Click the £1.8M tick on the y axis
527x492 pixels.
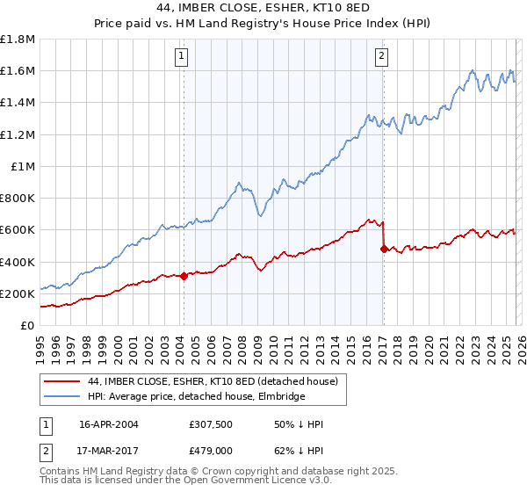click(x=18, y=40)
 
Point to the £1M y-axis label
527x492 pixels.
click(x=23, y=166)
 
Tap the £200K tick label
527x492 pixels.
click(x=18, y=293)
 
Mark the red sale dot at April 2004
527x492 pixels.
click(x=184, y=276)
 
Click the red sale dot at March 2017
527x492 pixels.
click(x=383, y=249)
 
